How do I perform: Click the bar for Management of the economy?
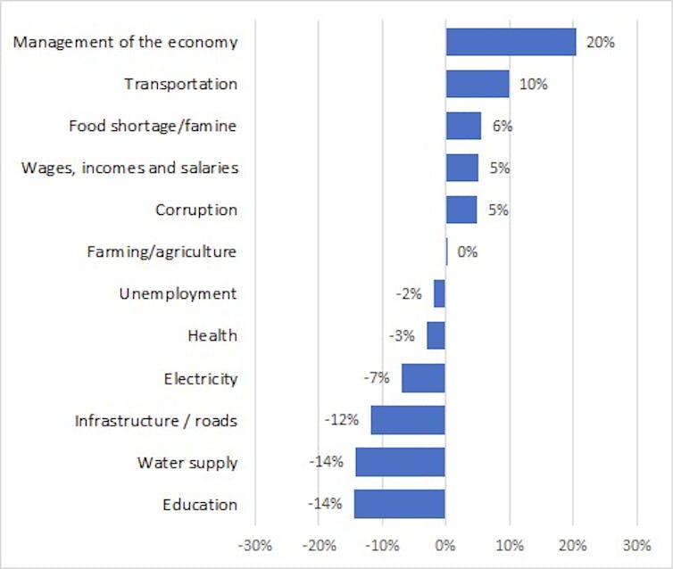tap(511, 42)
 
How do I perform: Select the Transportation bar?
tap(478, 84)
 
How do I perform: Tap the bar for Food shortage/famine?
tap(463, 126)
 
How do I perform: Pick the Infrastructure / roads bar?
tap(408, 420)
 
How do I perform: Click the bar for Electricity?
tap(423, 378)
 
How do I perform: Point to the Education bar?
tap(400, 504)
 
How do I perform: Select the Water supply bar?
tap(400, 462)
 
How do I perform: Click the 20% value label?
tap(601, 42)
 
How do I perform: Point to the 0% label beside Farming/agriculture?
tap(467, 252)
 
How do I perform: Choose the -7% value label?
tap(376, 378)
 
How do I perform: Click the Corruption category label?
tap(196, 210)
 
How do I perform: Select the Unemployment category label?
tap(179, 294)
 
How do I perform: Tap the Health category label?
tap(212, 336)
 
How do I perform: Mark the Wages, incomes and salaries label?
tap(129, 168)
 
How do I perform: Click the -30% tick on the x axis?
tap(255, 545)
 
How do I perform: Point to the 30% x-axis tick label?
tap(636, 545)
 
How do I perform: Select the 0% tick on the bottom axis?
tap(445, 545)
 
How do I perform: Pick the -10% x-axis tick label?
tap(382, 545)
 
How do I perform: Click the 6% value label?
tap(502, 126)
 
